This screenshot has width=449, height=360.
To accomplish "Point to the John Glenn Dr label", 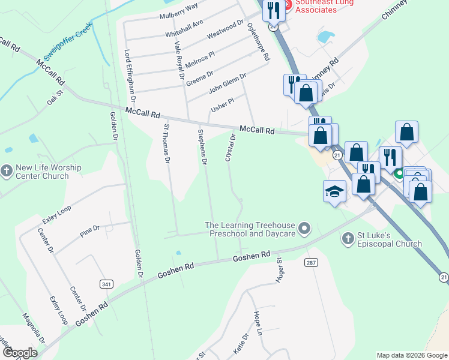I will (x=228, y=83).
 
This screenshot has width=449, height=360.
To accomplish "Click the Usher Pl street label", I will (x=221, y=106).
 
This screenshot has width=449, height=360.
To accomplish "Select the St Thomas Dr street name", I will (x=167, y=143).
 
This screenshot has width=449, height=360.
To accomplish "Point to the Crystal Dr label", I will (x=230, y=147).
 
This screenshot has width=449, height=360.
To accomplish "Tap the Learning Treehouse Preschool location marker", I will (x=305, y=228).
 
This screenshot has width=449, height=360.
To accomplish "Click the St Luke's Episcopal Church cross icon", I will (x=347, y=239).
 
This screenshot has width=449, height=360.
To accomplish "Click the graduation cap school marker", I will (x=335, y=191).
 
